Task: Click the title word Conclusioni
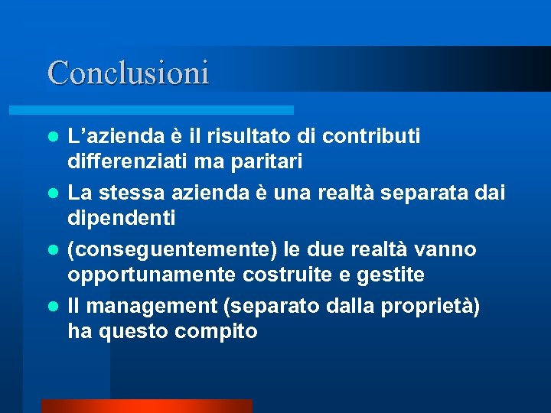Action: coord(128,73)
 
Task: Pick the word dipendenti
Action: coord(122,218)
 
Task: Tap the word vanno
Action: coord(445,249)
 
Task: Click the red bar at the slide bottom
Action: coord(146,406)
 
